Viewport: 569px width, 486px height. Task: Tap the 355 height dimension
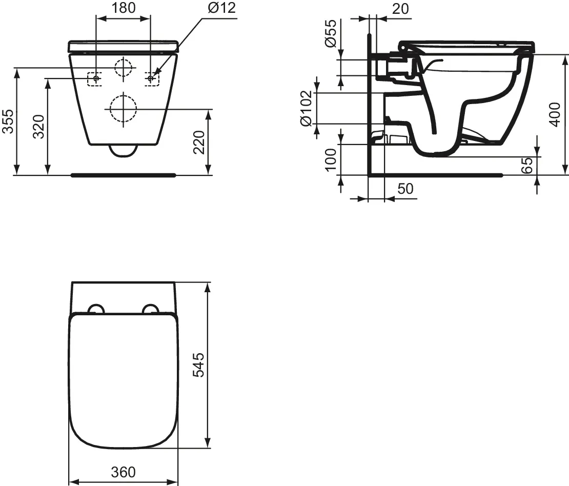[x=7, y=121]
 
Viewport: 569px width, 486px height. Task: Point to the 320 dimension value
[x=39, y=127]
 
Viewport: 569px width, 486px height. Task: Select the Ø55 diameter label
[x=331, y=34]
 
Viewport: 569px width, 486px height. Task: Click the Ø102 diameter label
[x=306, y=108]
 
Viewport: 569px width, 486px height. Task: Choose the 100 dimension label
[x=331, y=159]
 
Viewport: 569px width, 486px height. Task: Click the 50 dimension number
[x=405, y=189]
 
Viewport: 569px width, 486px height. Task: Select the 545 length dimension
[x=198, y=364]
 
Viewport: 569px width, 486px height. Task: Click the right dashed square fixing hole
[x=151, y=78]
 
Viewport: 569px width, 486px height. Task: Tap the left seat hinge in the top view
[x=96, y=309]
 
